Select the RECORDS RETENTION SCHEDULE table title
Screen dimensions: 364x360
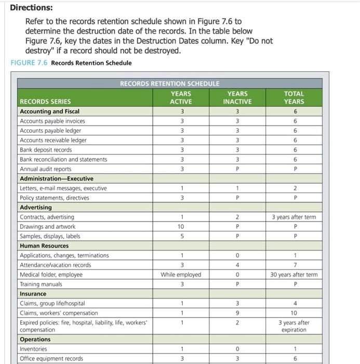click(x=169, y=83)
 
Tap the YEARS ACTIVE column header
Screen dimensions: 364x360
click(x=181, y=98)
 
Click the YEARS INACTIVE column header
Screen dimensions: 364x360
click(x=237, y=98)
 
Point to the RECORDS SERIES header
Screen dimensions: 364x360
click(x=45, y=101)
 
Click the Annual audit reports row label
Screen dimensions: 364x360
click(x=46, y=169)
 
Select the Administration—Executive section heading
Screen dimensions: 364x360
click(x=57, y=178)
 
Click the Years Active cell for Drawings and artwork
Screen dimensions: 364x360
click(x=181, y=227)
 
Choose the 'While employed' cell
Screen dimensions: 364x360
click(x=181, y=275)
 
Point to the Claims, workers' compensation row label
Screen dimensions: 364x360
click(x=59, y=313)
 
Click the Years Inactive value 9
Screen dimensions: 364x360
click(x=237, y=313)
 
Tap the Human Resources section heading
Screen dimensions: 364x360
click(x=44, y=246)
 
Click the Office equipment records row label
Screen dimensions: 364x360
click(x=51, y=358)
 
